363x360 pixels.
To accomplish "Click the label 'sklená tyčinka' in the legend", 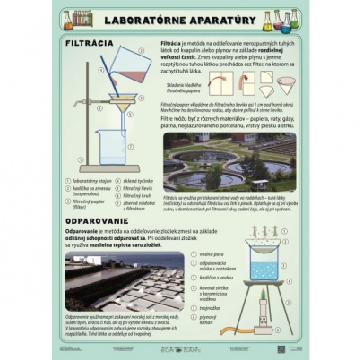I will (140, 180).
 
